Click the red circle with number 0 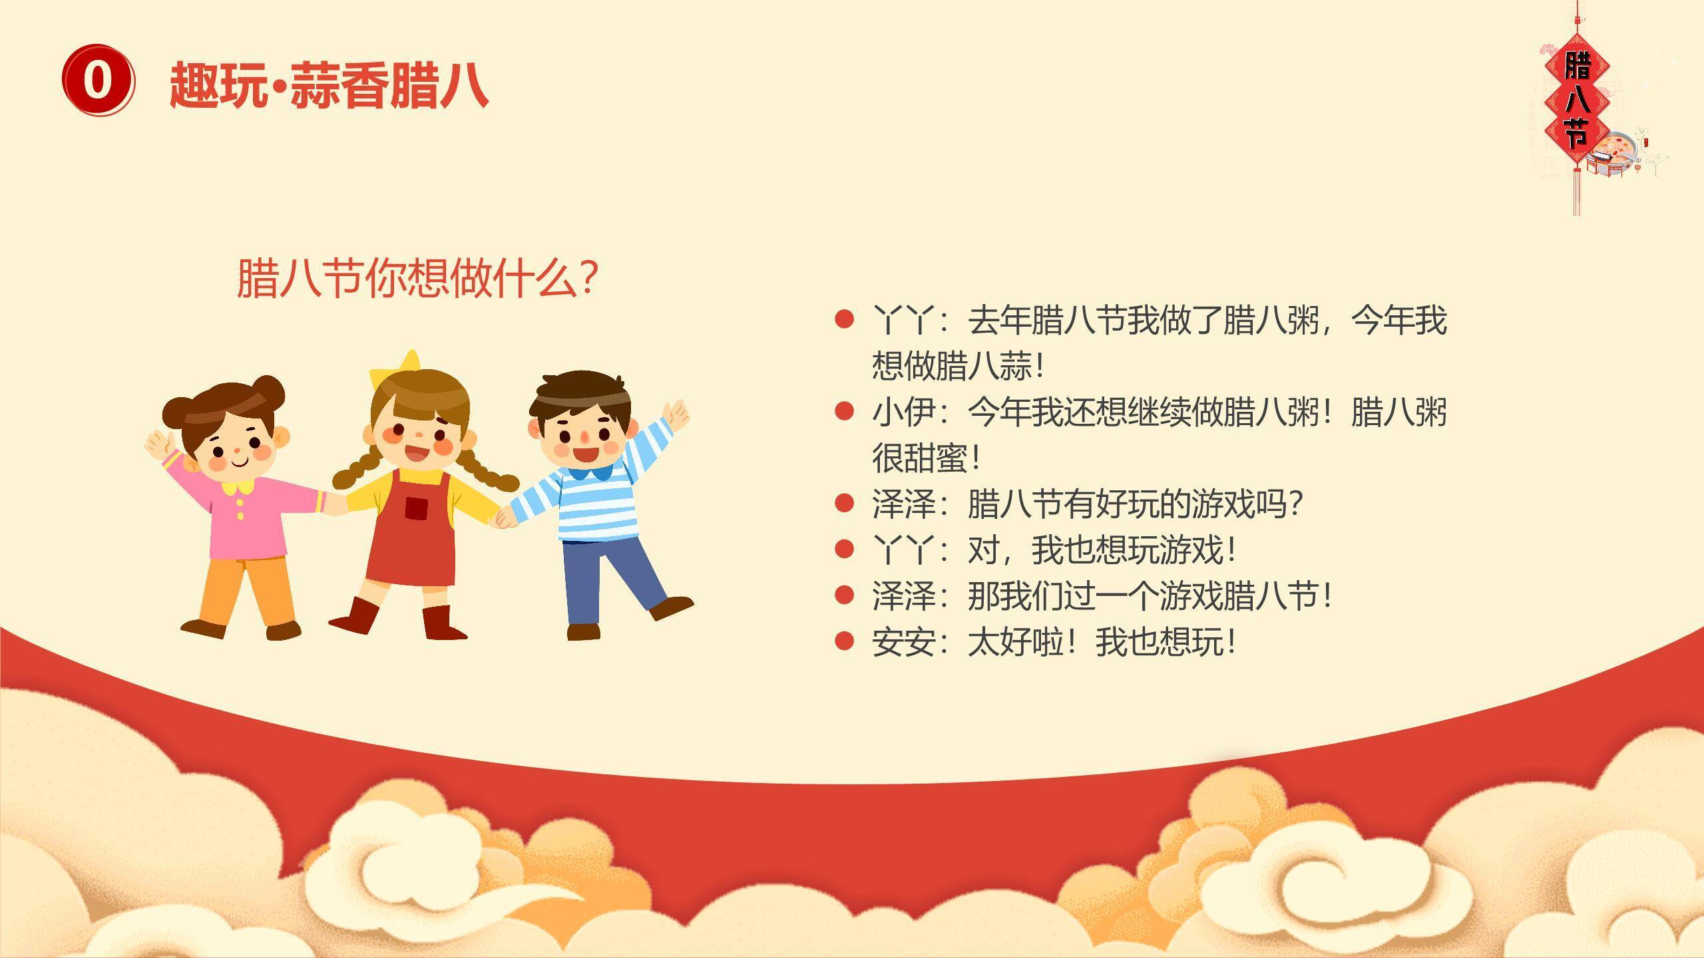click(x=98, y=80)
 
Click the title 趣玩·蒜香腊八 click(x=329, y=84)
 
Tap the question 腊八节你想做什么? click(x=417, y=278)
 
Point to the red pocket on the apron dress click(x=416, y=508)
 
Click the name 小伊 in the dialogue click(x=903, y=412)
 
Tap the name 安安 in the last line click(x=903, y=642)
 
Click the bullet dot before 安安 click(x=844, y=641)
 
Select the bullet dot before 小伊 click(x=844, y=411)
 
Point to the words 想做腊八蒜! click(x=958, y=366)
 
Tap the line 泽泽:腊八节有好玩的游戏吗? click(x=1088, y=504)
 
